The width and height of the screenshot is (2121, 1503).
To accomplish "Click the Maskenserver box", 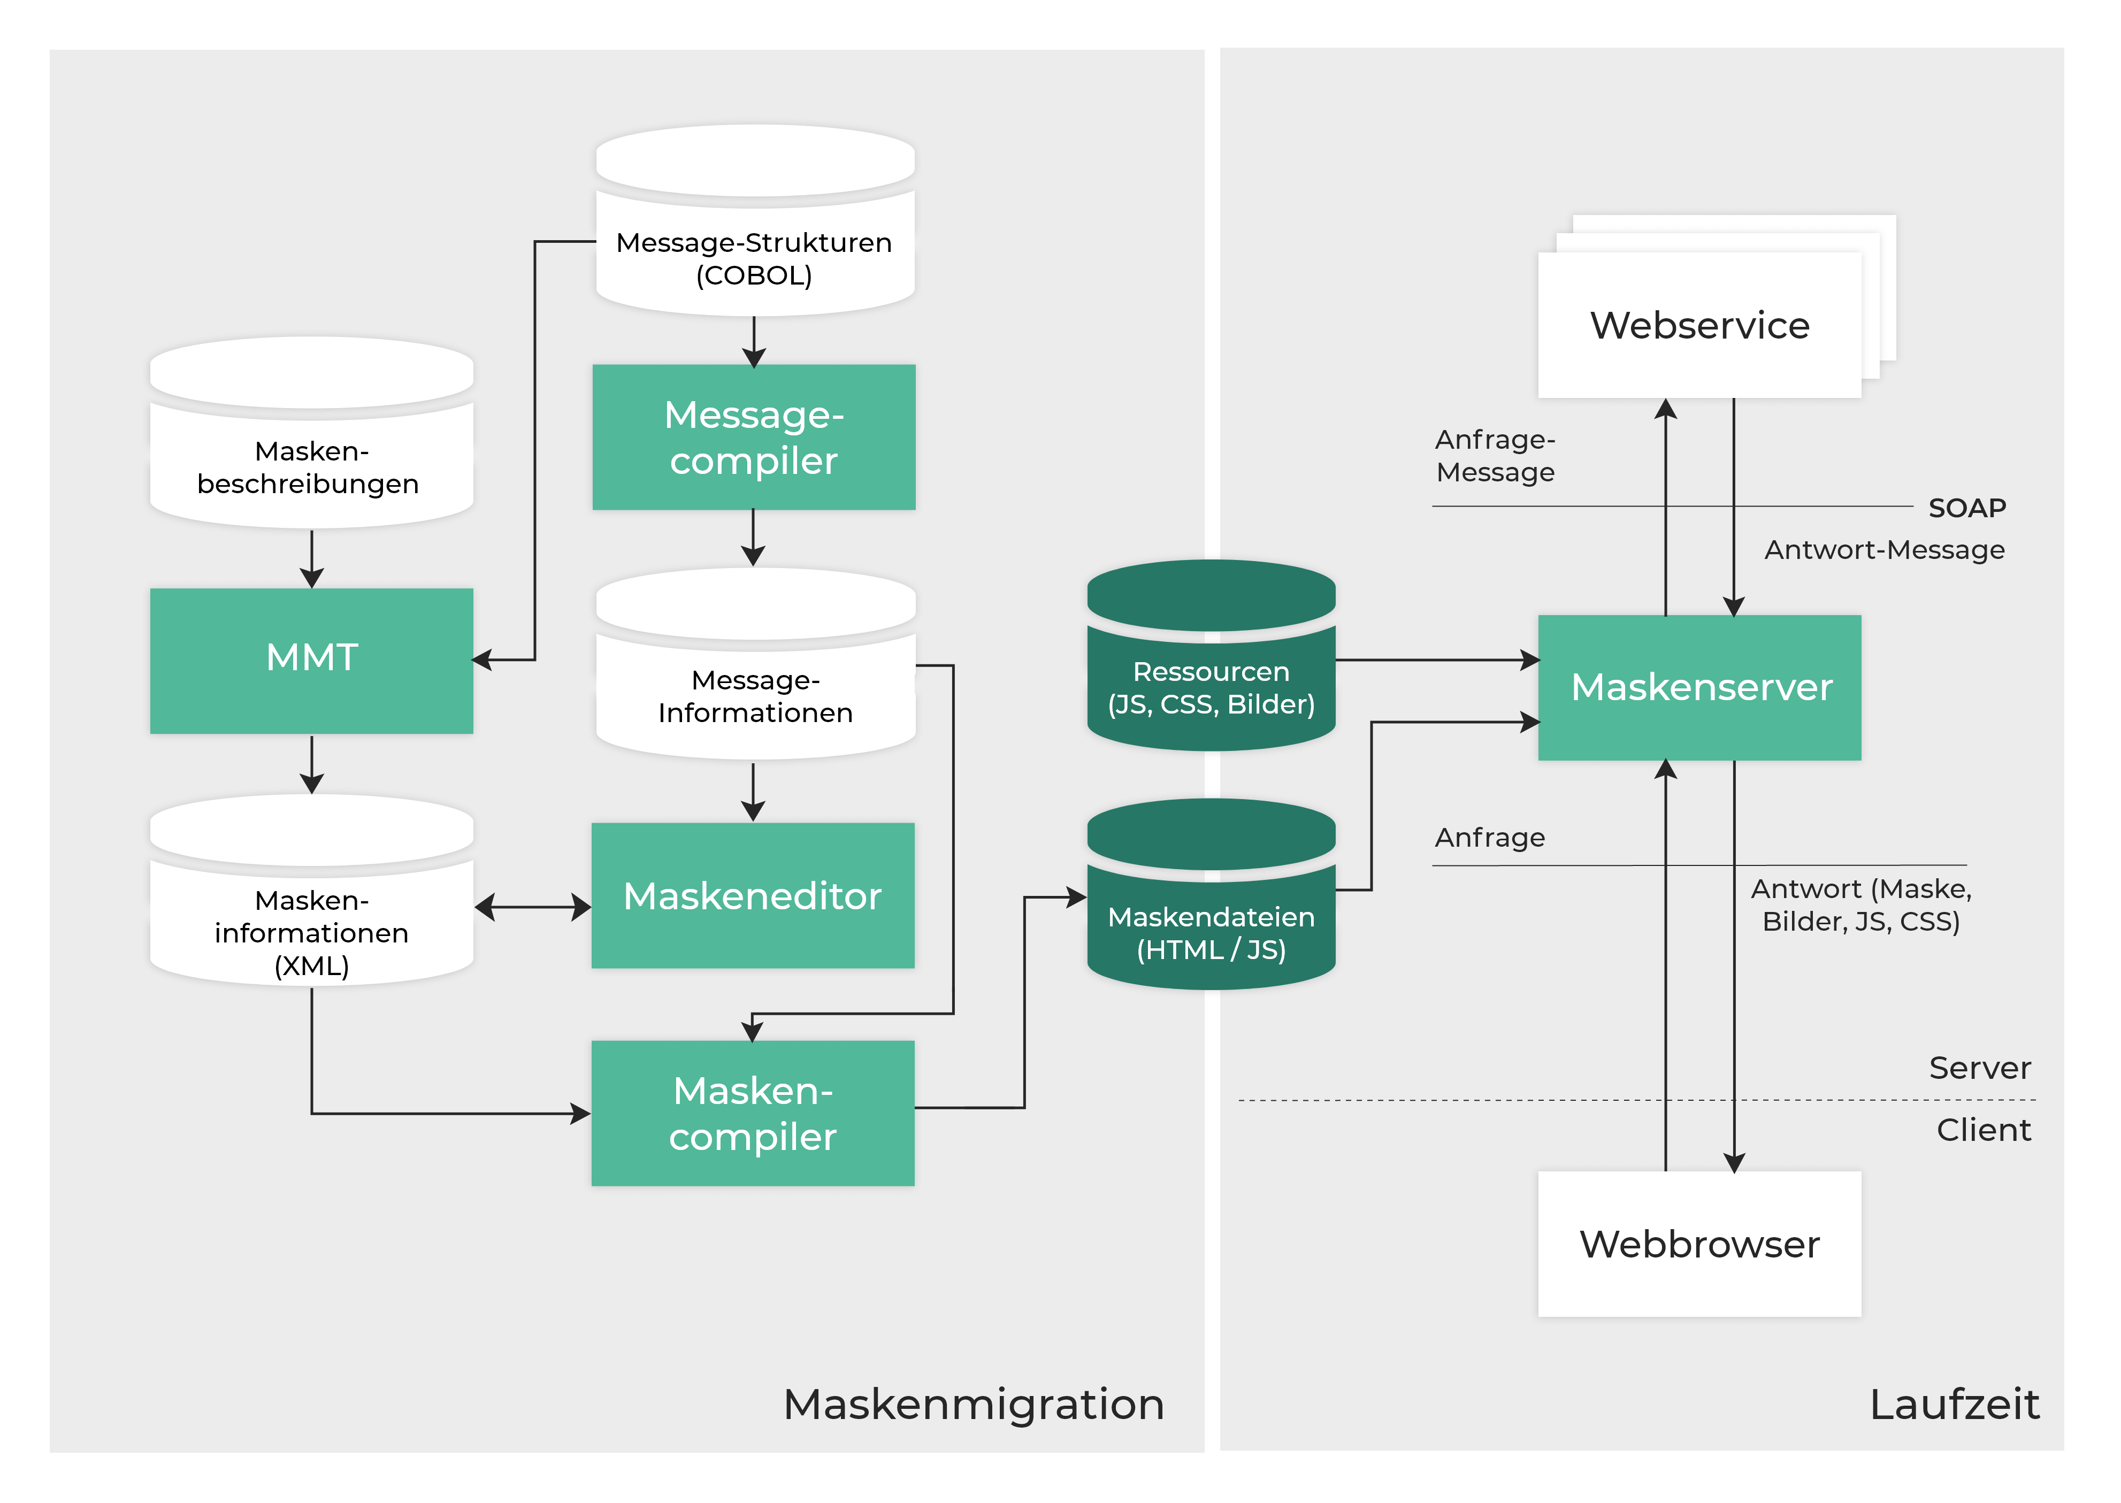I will [1699, 687].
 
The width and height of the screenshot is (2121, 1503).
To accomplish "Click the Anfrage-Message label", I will [1495, 455].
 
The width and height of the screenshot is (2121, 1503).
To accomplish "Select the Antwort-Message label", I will [1884, 550].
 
